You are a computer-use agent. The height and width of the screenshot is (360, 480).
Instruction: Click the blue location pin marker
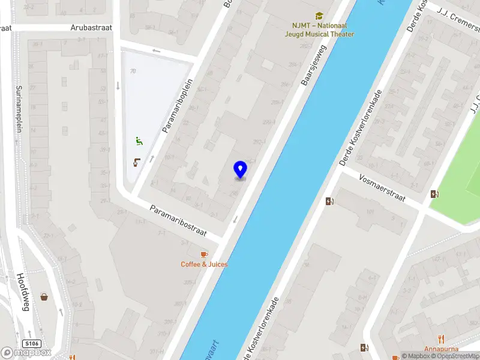pyautogui.click(x=240, y=170)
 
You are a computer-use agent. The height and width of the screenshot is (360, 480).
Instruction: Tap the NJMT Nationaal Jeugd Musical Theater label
pyautogui.click(x=320, y=30)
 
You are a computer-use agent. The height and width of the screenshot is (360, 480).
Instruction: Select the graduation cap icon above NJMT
pyautogui.click(x=320, y=16)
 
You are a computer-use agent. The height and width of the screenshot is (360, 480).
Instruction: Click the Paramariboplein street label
pyautogui.click(x=177, y=106)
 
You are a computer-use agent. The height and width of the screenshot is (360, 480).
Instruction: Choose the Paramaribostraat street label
pyautogui.click(x=178, y=221)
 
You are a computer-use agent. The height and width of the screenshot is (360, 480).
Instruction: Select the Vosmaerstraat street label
pyautogui.click(x=382, y=187)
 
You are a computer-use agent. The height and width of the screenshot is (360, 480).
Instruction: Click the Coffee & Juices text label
pyautogui.click(x=205, y=264)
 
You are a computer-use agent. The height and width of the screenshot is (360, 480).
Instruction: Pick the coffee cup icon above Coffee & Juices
pyautogui.click(x=205, y=254)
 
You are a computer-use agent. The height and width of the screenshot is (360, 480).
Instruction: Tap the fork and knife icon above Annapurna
pyautogui.click(x=442, y=338)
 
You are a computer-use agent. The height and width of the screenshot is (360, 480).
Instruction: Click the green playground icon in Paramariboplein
pyautogui.click(x=139, y=142)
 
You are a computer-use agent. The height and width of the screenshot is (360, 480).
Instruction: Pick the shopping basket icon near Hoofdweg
pyautogui.click(x=44, y=296)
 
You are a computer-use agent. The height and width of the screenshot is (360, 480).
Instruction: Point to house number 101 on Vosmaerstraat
pyautogui.click(x=370, y=211)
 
